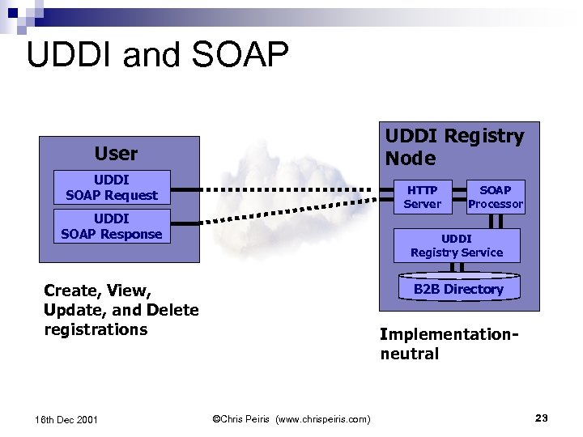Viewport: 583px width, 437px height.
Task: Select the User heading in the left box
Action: tap(116, 153)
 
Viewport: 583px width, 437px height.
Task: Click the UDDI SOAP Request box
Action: tap(112, 187)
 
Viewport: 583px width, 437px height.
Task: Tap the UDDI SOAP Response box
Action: tap(112, 226)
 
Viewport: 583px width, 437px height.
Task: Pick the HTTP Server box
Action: tap(422, 197)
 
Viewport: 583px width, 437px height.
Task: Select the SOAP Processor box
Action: tap(496, 197)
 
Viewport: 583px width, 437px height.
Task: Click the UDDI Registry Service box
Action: tap(457, 245)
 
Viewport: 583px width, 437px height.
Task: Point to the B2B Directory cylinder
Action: tap(458, 289)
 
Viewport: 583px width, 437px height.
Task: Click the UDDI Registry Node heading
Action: tap(453, 146)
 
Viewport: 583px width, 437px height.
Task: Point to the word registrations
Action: tap(96, 329)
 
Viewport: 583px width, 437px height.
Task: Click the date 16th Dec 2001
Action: tap(67, 419)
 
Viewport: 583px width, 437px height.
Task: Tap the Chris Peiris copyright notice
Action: tap(291, 418)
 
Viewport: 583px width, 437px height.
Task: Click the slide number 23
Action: tap(542, 418)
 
